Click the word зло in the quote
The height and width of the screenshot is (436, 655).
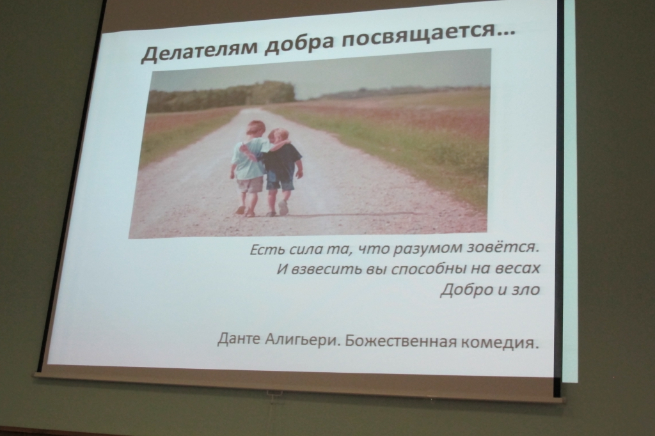pos(526,290)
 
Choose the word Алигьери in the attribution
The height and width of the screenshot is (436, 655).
pos(303,340)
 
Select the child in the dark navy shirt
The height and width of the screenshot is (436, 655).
pos(281,171)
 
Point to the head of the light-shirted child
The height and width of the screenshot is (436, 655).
pos(256,130)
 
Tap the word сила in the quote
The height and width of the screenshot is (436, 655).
pos(290,250)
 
